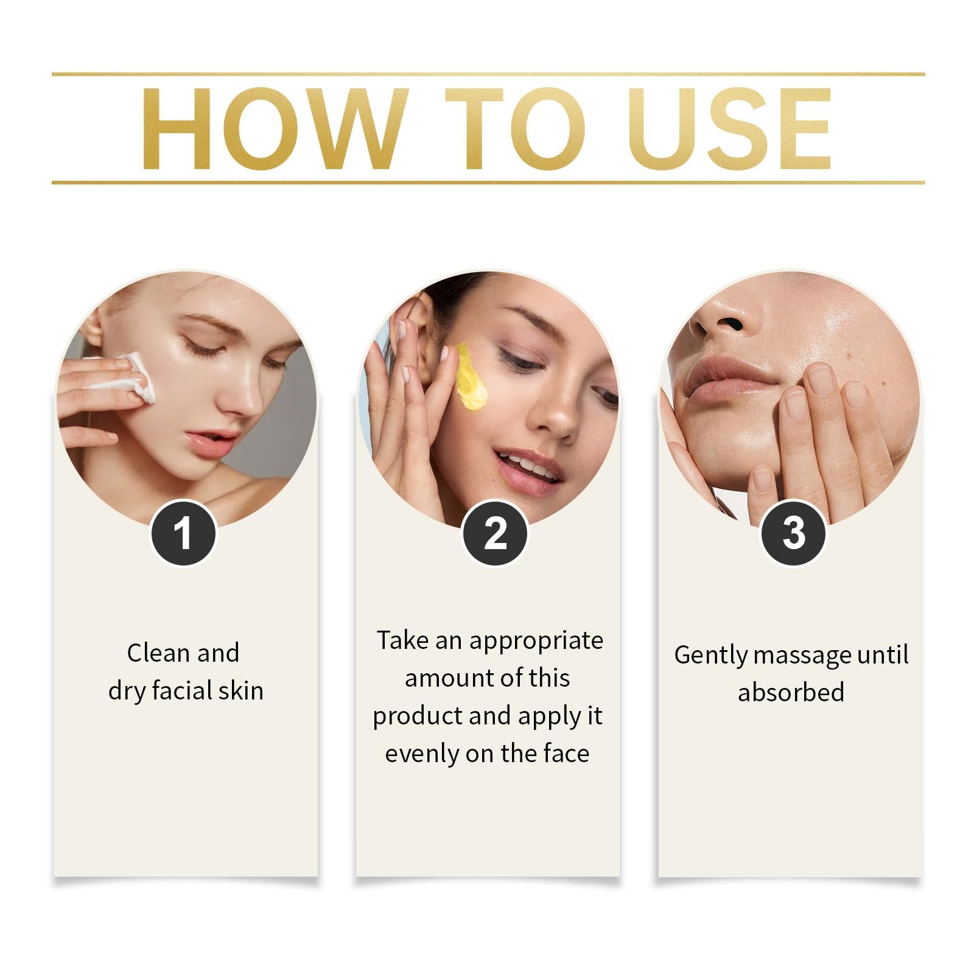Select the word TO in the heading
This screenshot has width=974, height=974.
515,128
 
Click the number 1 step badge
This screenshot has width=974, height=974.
183,534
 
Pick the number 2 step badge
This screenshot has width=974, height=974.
495,534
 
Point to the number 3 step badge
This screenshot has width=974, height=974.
794,533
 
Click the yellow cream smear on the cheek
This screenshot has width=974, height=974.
471,376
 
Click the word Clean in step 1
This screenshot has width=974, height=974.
157,653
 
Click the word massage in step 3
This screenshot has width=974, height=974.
803,656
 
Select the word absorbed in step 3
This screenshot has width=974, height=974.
791,692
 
